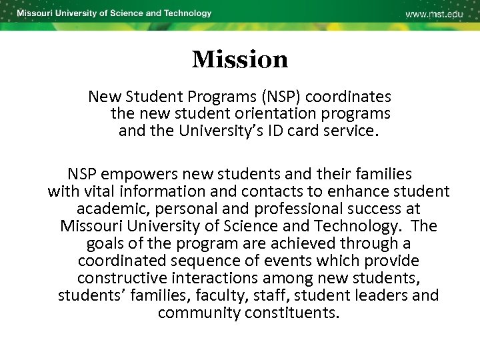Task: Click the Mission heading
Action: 240,60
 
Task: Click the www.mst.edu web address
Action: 434,14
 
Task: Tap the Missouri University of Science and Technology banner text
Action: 114,13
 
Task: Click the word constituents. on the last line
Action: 291,313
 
